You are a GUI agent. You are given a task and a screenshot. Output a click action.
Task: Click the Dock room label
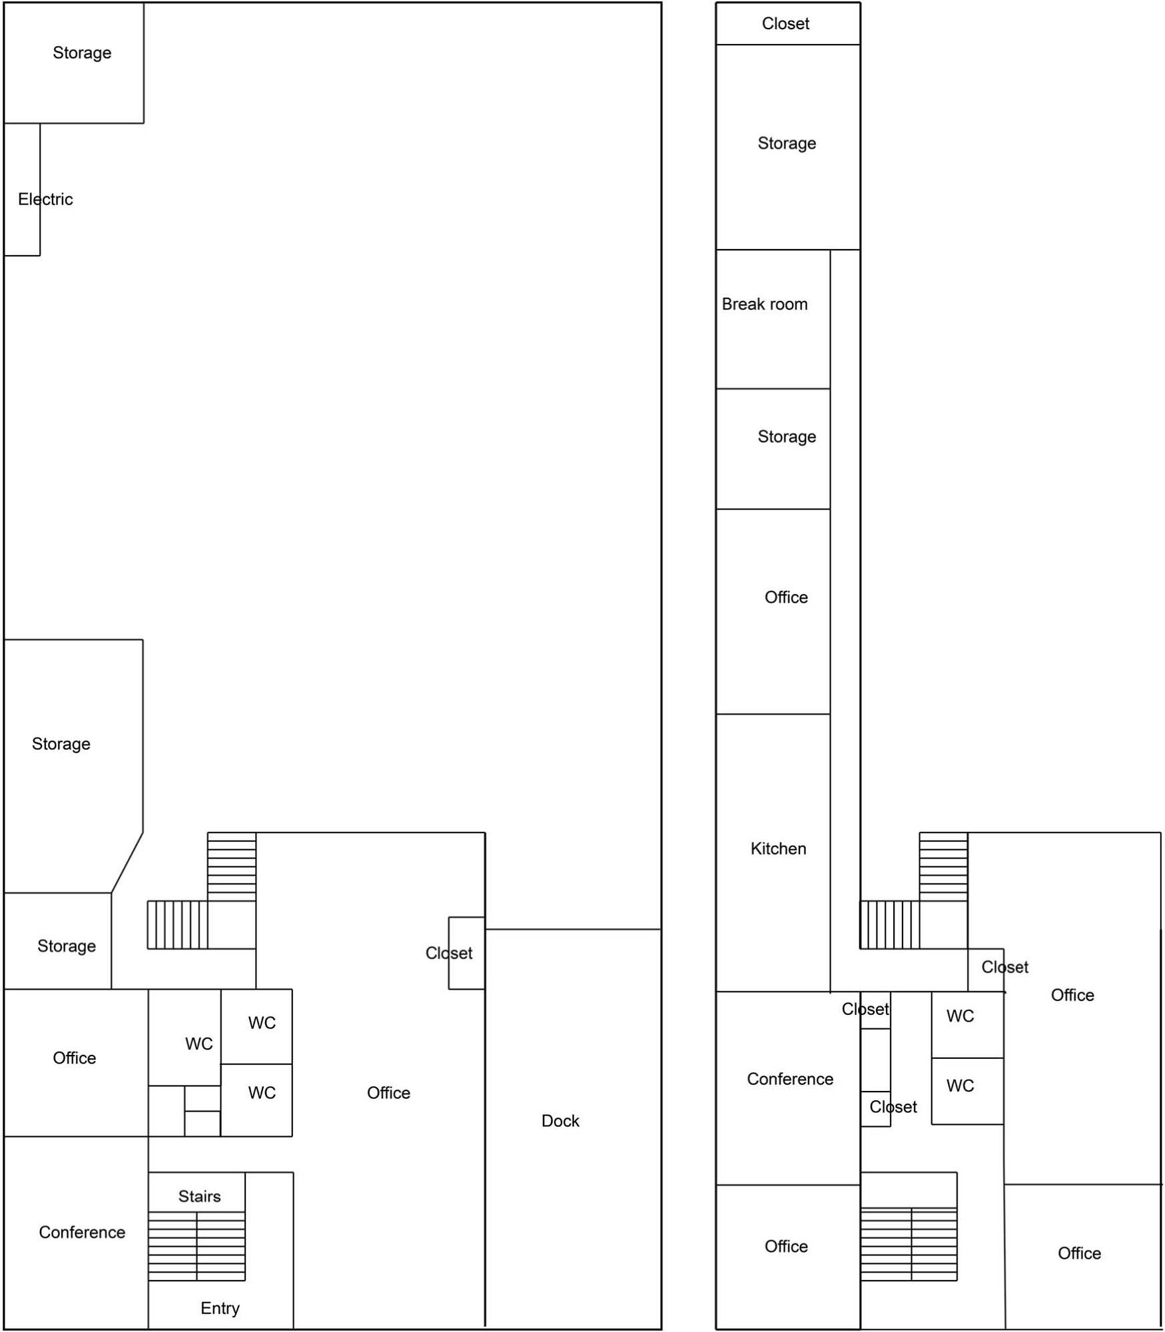[560, 1121]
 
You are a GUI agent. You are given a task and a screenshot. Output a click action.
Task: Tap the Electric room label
[45, 199]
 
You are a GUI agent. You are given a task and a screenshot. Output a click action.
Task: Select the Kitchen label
[778, 848]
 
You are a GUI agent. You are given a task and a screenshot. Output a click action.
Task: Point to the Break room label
[765, 304]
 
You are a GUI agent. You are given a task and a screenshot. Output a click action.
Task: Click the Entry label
[220, 1309]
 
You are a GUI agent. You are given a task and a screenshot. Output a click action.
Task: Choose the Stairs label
[199, 1196]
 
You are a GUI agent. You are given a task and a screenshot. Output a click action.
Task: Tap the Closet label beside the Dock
[449, 953]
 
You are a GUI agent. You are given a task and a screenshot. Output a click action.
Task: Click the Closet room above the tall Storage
[788, 24]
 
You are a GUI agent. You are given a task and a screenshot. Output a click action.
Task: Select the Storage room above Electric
[74, 63]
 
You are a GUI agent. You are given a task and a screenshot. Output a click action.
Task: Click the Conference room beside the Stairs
[76, 1233]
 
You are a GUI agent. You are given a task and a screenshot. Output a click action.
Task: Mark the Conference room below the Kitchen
[788, 1088]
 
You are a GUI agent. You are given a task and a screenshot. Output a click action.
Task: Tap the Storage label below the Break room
[787, 437]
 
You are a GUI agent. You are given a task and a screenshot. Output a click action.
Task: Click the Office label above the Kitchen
[786, 597]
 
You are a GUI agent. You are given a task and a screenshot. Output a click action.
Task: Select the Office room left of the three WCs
[76, 1063]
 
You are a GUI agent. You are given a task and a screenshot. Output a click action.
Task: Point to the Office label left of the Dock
[388, 1093]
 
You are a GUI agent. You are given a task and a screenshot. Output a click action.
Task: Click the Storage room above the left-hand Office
[58, 941]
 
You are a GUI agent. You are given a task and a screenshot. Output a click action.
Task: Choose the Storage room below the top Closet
[788, 147]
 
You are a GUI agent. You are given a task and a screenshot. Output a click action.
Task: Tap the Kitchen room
[773, 853]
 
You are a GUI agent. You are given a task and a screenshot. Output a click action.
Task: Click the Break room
[773, 320]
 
